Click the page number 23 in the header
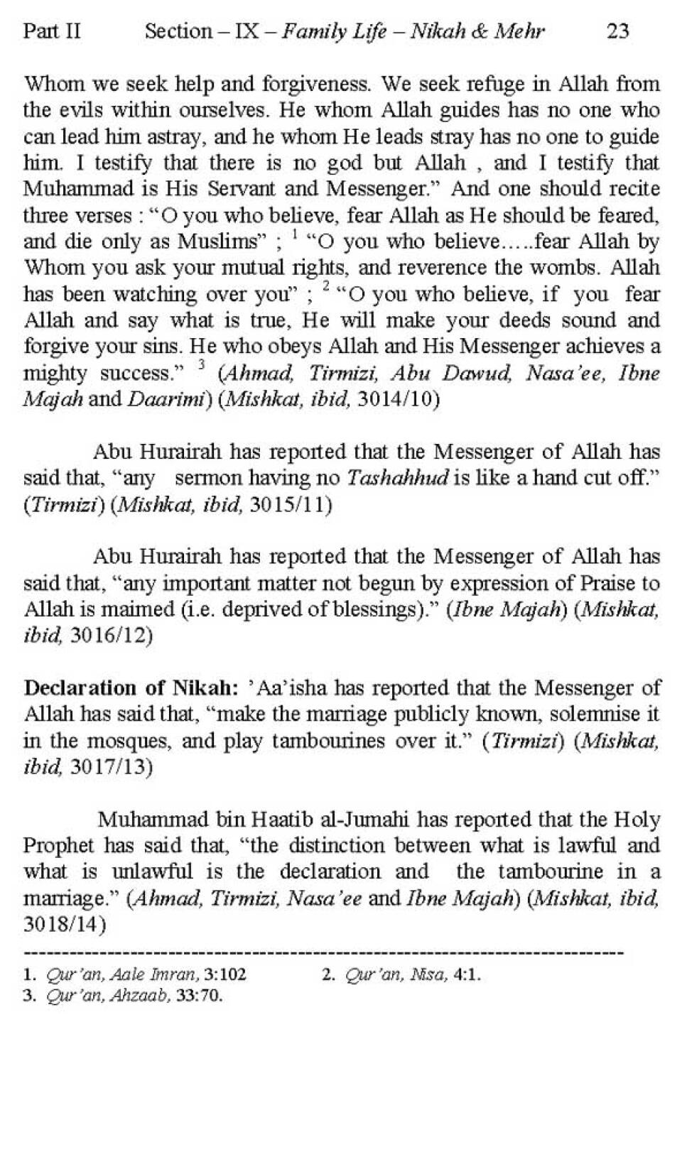tap(618, 31)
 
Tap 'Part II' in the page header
tap(52, 31)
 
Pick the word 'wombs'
tap(567, 268)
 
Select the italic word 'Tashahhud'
tap(397, 478)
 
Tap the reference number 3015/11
tap(287, 505)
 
